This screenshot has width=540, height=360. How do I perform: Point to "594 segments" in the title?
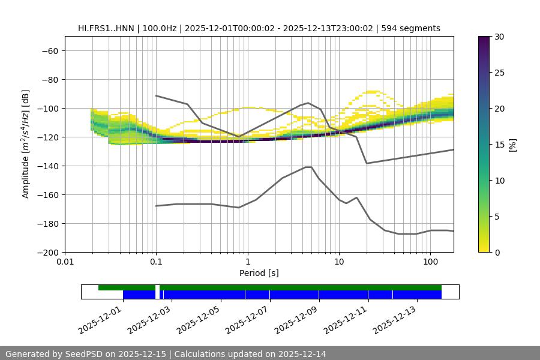point(413,28)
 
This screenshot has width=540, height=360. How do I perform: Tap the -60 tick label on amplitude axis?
point(50,51)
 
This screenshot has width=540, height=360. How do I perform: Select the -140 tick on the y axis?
point(47,166)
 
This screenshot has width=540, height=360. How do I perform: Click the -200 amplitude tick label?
point(47,253)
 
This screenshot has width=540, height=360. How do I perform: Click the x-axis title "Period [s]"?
point(259,273)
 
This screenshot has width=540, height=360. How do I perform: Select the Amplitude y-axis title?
point(26,144)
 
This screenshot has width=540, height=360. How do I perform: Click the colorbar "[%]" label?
point(512,145)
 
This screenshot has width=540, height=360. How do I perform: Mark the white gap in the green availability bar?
point(157,288)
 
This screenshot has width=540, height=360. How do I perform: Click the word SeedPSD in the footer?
point(88,354)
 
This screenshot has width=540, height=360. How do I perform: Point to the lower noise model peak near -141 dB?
point(308,167)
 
